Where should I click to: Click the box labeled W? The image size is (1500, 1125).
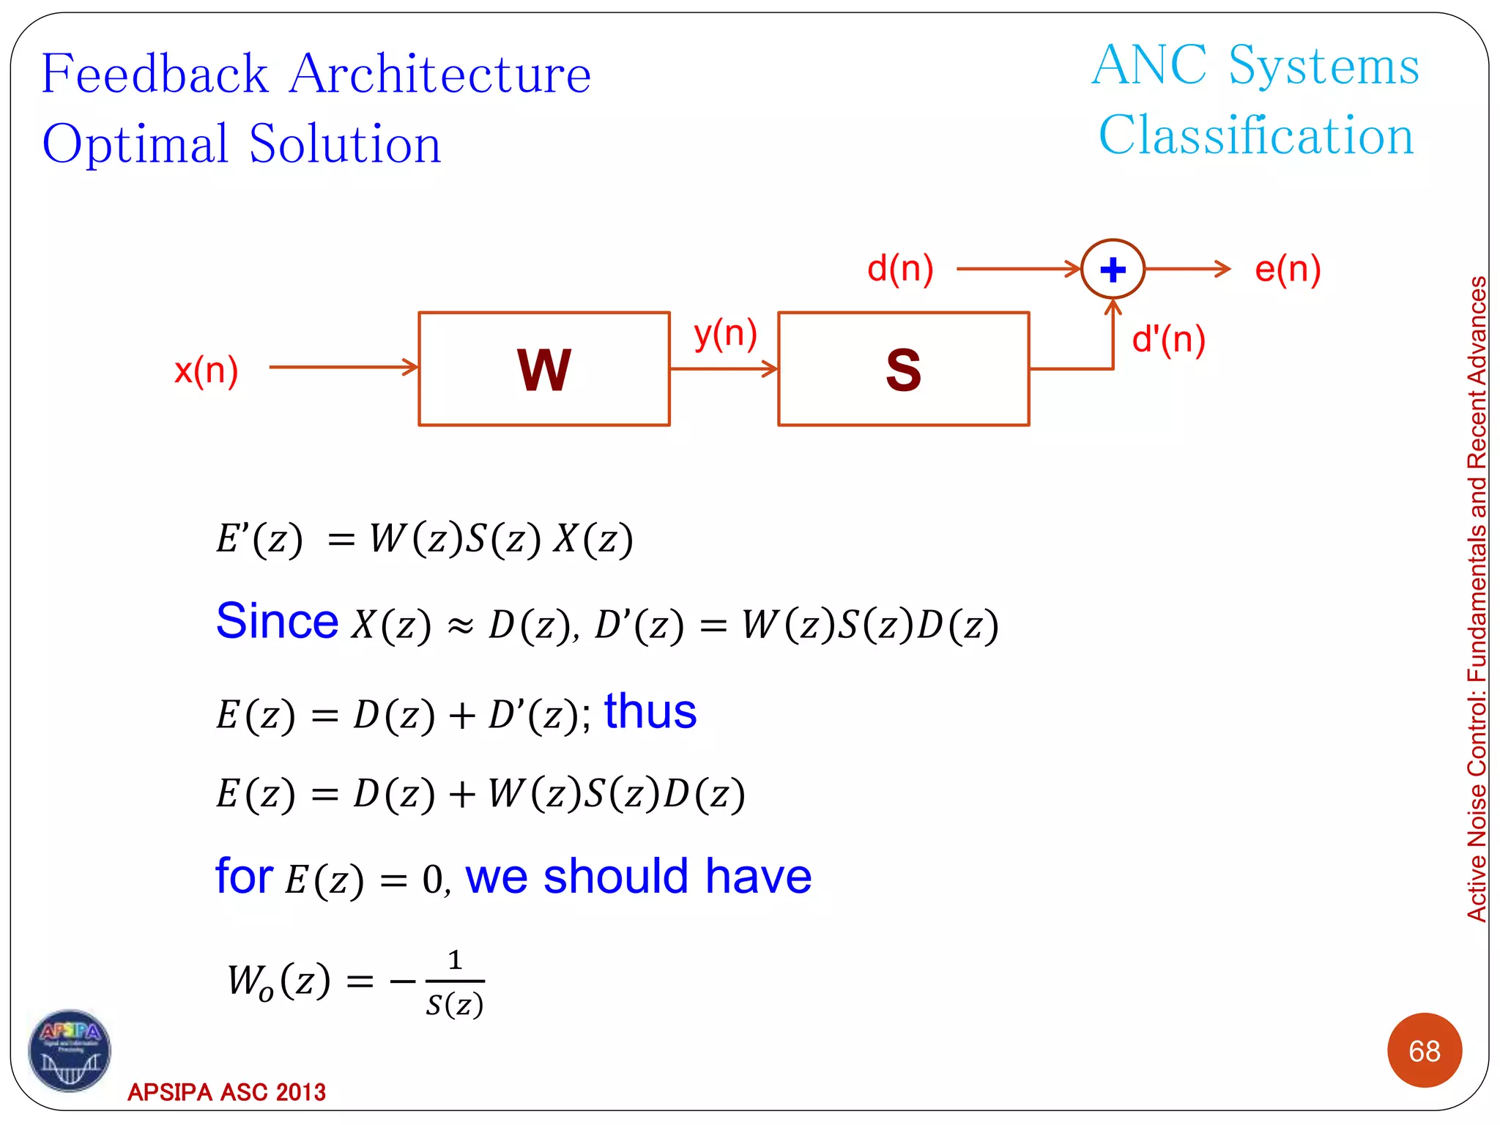pyautogui.click(x=543, y=369)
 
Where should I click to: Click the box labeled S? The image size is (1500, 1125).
pyautogui.click(x=903, y=369)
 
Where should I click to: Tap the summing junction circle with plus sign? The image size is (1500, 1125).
pyautogui.click(x=1113, y=270)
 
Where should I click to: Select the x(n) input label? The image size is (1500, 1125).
pyautogui.click(x=206, y=370)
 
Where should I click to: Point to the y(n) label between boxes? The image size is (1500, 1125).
pyautogui.click(x=725, y=334)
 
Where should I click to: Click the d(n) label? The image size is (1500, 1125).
pyautogui.click(x=900, y=268)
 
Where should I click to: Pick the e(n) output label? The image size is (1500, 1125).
pyautogui.click(x=1287, y=269)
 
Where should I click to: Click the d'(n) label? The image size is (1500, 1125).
pyautogui.click(x=1168, y=339)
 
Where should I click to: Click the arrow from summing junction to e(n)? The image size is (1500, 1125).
pyautogui.click(x=1187, y=269)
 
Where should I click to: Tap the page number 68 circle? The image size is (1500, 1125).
pyautogui.click(x=1424, y=1050)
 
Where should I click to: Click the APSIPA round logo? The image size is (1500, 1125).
pyautogui.click(x=70, y=1050)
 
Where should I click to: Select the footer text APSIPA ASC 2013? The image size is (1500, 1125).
pyautogui.click(x=226, y=1092)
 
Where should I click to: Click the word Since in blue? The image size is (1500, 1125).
pyautogui.click(x=277, y=621)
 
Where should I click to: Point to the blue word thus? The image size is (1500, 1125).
pyautogui.click(x=650, y=711)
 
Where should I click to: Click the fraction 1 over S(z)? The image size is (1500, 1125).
pyautogui.click(x=454, y=982)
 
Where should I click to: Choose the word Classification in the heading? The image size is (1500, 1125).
pyautogui.click(x=1255, y=135)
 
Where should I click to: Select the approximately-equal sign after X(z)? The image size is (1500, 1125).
pyautogui.click(x=460, y=626)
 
